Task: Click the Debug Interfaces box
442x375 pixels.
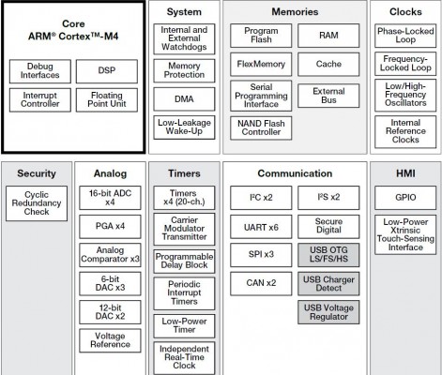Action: pos(40,71)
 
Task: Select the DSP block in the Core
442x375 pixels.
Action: pos(107,71)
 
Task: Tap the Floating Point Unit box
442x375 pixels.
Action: pos(107,100)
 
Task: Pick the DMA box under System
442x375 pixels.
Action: pos(184,99)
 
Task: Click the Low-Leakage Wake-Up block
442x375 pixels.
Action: pos(184,127)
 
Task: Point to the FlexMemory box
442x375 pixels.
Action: pos(261,65)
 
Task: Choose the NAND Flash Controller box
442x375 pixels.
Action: pos(261,128)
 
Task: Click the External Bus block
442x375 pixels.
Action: pos(328,96)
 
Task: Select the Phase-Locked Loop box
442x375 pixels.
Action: pos(405,36)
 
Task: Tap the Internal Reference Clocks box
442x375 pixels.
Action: pos(405,131)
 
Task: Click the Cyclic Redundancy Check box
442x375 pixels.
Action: pos(37,203)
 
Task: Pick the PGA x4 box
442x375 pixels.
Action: pos(110,227)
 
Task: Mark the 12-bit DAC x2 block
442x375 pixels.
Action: pos(110,312)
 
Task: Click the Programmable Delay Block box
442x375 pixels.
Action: pos(184,262)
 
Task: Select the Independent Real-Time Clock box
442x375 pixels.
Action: pos(184,358)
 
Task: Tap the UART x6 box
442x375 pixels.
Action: pos(261,227)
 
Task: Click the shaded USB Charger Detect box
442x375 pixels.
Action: pos(328,284)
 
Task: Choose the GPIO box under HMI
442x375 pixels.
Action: pos(405,198)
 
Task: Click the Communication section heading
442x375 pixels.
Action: pos(295,173)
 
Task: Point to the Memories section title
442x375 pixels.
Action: pos(295,12)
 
